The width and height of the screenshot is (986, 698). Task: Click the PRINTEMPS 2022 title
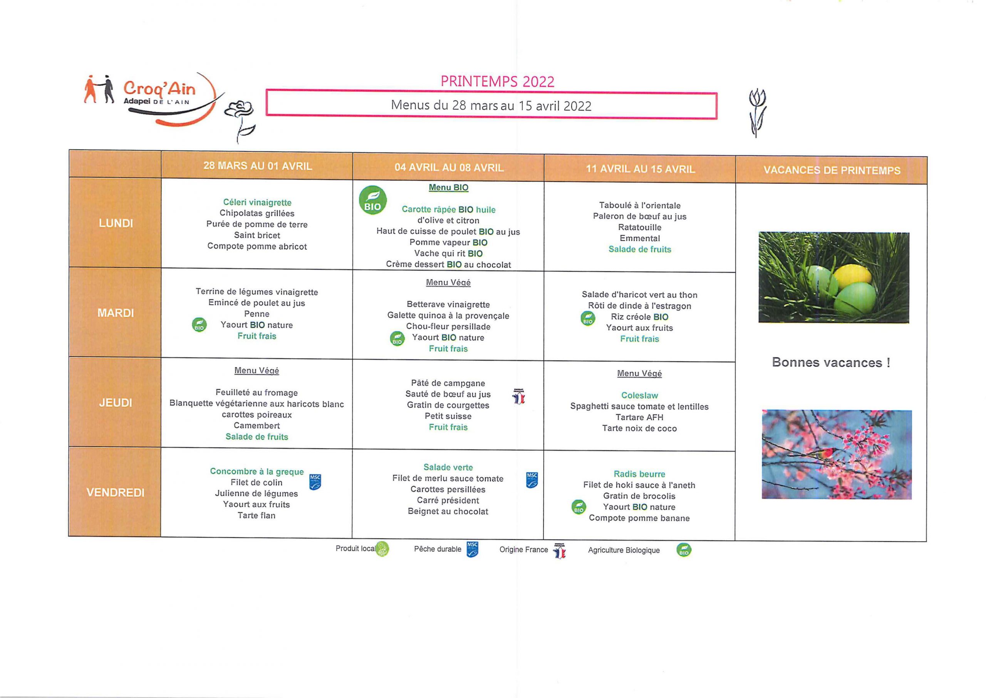point(498,81)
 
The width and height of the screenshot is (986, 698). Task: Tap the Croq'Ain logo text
point(159,89)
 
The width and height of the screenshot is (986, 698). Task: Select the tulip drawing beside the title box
point(758,112)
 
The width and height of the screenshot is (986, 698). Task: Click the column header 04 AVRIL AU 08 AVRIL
point(449,167)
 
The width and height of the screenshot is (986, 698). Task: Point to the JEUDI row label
point(116,403)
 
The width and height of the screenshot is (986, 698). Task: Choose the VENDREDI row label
point(116,493)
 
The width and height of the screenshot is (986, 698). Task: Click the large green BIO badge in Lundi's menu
point(372,200)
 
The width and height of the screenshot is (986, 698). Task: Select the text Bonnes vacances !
point(831,362)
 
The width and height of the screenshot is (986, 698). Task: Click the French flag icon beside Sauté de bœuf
point(519,396)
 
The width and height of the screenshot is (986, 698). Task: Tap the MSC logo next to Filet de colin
point(315,482)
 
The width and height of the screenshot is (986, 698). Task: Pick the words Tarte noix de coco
point(639,428)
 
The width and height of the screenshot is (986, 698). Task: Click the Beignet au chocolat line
point(448,512)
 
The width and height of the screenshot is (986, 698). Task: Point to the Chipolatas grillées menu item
point(257,213)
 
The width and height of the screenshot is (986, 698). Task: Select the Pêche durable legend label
point(438,549)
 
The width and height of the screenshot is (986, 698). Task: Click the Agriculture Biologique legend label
point(624,550)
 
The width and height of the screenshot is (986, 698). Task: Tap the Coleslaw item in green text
point(639,396)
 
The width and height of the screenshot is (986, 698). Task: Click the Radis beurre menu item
point(639,474)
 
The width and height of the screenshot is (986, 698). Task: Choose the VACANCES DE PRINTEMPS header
point(832,170)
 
